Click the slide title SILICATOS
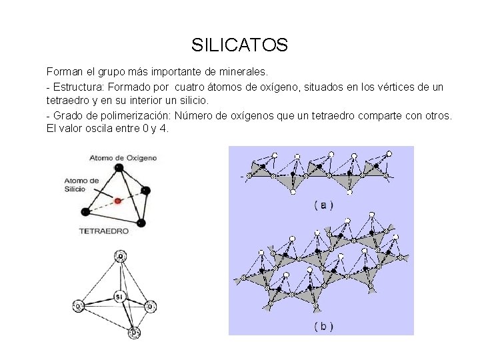coord(239,45)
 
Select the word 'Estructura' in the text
coord(77,87)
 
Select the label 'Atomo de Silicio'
coord(82,185)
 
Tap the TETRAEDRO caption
coord(104,231)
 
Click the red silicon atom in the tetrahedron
coord(118,199)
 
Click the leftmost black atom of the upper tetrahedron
coord(85,212)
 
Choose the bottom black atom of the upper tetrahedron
coord(141,223)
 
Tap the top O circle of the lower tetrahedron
coord(120,256)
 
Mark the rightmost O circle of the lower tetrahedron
coord(151,307)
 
